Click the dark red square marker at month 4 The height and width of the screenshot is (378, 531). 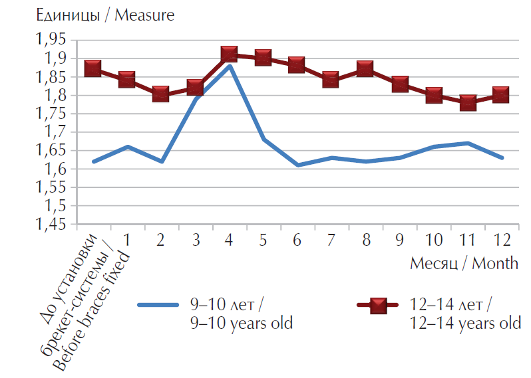[x=229, y=54]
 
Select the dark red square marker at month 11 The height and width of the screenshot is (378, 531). [x=468, y=102]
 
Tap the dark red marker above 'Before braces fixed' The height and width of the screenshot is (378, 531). [x=93, y=68]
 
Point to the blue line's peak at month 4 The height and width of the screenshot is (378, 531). [x=229, y=65]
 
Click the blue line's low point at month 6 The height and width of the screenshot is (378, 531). [x=297, y=165]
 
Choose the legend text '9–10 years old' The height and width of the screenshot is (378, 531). [x=241, y=324]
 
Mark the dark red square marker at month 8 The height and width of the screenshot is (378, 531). [x=365, y=68]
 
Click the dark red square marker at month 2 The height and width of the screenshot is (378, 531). [x=161, y=94]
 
